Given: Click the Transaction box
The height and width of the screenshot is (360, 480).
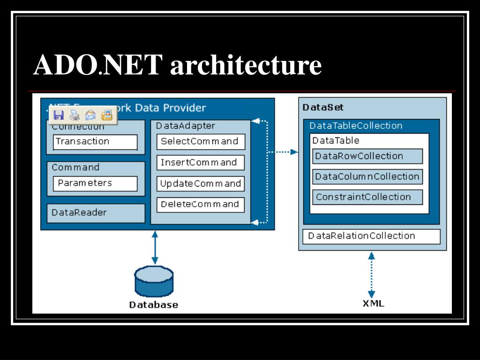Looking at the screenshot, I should point(95,142).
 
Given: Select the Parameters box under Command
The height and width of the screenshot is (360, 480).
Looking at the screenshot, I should point(95,183).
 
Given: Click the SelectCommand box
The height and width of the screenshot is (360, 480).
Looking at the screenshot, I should point(200,142).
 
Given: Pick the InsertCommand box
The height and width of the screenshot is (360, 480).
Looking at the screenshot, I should point(200,163).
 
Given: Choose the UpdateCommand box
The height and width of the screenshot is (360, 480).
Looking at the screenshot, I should point(200,184).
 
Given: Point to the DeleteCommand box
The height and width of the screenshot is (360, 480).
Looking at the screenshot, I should point(200,204).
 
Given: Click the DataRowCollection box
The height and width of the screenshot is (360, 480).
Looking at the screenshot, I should point(367,156).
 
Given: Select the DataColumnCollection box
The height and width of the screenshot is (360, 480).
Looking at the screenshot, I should point(367,177).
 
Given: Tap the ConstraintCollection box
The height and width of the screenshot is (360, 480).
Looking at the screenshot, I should point(367,197).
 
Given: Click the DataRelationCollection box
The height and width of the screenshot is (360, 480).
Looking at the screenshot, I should point(371,236).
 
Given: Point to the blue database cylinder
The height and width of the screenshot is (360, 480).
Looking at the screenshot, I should point(154,281).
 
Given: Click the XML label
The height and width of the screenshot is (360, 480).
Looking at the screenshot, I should point(373,303).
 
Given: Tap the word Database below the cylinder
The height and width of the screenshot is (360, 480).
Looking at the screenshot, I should point(154,305).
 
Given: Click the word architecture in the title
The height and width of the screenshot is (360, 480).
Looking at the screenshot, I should point(246,65).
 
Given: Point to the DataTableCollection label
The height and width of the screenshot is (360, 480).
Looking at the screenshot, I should point(356,126).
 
